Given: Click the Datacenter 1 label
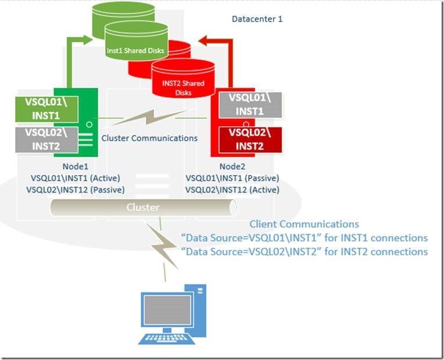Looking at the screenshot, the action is coord(257,19).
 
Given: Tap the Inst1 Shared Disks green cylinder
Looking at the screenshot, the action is coord(136,41).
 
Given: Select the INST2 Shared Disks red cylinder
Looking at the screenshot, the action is coord(183,79).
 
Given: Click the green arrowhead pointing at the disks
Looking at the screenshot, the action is coord(87,40).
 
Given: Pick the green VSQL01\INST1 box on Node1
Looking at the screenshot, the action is coord(46,109).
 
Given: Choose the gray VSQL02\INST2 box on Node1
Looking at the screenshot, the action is coord(46,140).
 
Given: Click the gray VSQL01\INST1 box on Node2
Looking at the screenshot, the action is coord(250,105).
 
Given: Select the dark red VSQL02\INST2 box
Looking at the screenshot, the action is coord(250,140).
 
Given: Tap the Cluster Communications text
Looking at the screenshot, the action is coord(149,138).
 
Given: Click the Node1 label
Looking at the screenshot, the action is coord(76,166).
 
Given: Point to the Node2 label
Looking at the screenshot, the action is coord(232,166).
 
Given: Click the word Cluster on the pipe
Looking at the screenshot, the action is coord(143,207).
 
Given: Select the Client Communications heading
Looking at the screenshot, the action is coord(304,224).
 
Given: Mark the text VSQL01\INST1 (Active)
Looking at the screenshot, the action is coord(76,178).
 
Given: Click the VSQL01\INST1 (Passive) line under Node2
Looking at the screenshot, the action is coord(232,178).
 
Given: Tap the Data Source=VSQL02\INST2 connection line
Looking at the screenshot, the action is coord(304,252).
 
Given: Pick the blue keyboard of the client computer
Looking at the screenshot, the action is coord(166,338).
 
